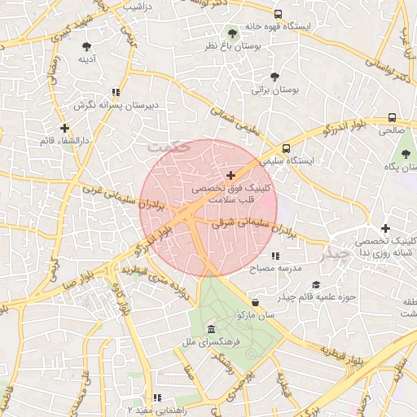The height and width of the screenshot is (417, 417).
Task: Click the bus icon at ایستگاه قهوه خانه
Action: click(279, 14)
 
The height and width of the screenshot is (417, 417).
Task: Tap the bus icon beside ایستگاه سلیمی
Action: click(286, 149)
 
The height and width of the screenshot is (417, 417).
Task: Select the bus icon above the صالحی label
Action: click(393, 116)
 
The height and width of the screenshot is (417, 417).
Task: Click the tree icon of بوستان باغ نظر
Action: click(233, 34)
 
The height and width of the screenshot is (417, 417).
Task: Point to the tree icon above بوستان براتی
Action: click(274, 77)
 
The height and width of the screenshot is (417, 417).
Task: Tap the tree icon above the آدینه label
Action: click(87, 46)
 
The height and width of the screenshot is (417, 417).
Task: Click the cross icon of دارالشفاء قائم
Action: click(64, 128)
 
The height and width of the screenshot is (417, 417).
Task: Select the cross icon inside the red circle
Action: click(231, 175)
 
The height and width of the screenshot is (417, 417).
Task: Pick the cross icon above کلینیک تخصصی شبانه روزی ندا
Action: click(385, 229)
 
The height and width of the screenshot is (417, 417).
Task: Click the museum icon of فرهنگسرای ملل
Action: click(212, 329)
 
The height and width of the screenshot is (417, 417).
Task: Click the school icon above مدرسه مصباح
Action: click(275, 256)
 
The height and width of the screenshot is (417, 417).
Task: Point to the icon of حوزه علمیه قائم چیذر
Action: click(315, 284)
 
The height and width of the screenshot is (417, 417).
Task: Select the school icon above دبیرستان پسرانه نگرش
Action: click(116, 92)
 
